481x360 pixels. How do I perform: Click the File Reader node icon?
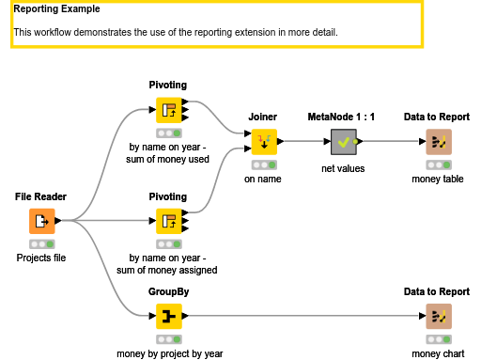coord(41,222)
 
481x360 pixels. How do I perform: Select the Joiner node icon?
coord(263,142)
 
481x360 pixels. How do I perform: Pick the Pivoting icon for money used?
coord(168,111)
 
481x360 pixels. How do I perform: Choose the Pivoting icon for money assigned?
coord(168,222)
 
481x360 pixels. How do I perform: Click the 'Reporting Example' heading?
coord(56,9)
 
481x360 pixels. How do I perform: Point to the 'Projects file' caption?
coord(41,258)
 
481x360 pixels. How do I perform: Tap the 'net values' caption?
coord(343,168)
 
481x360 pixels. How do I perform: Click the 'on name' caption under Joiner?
coord(263,178)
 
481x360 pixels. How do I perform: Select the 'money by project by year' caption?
coord(169,353)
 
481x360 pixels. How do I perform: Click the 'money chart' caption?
coord(438,353)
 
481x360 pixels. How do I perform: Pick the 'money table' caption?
coord(438,178)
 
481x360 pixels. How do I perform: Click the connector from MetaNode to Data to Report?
coord(390,142)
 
